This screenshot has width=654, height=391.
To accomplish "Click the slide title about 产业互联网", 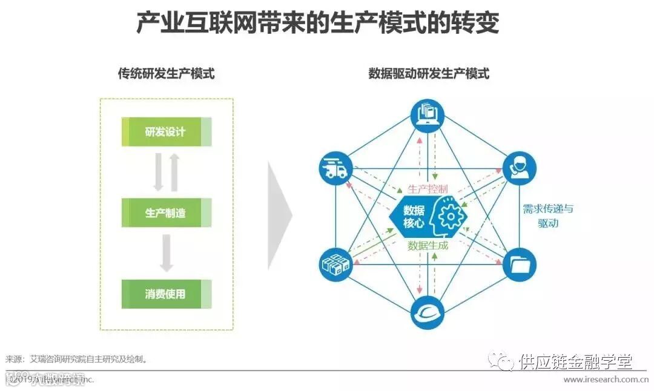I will point(317,24).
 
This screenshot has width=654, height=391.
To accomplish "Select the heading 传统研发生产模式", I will point(166,74).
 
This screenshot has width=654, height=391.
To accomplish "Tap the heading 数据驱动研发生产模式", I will point(428,74).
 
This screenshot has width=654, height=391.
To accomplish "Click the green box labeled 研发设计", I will point(166,132).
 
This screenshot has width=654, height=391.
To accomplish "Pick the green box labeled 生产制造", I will point(166,213).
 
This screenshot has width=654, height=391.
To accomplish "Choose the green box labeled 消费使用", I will point(166,294).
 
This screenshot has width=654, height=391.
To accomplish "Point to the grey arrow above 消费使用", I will point(167,253).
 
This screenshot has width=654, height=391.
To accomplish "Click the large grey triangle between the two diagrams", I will point(279,214).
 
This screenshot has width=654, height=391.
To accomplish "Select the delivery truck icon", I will point(335,168).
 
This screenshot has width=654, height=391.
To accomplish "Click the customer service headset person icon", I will point(520,168).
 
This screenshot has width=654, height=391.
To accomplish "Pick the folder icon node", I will point(520,263).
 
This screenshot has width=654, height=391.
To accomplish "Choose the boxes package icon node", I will point(335,264).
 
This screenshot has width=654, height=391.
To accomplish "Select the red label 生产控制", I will point(428,189).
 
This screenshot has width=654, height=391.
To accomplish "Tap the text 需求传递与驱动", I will point(547,215).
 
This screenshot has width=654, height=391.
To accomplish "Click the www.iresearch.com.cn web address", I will point(606,379).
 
